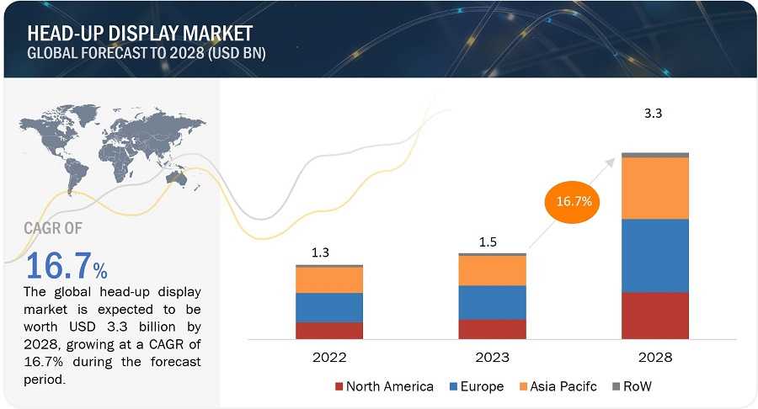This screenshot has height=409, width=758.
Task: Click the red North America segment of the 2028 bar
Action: (654, 315)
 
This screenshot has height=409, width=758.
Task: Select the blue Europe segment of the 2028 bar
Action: (654, 255)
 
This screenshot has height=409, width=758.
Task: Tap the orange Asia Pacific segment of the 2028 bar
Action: (654, 188)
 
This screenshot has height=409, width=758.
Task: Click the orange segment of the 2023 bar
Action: (492, 270)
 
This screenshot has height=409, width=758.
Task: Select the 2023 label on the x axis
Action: (492, 358)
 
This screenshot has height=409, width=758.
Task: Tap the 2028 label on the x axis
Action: (654, 358)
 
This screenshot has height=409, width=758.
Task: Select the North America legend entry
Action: (384, 386)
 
